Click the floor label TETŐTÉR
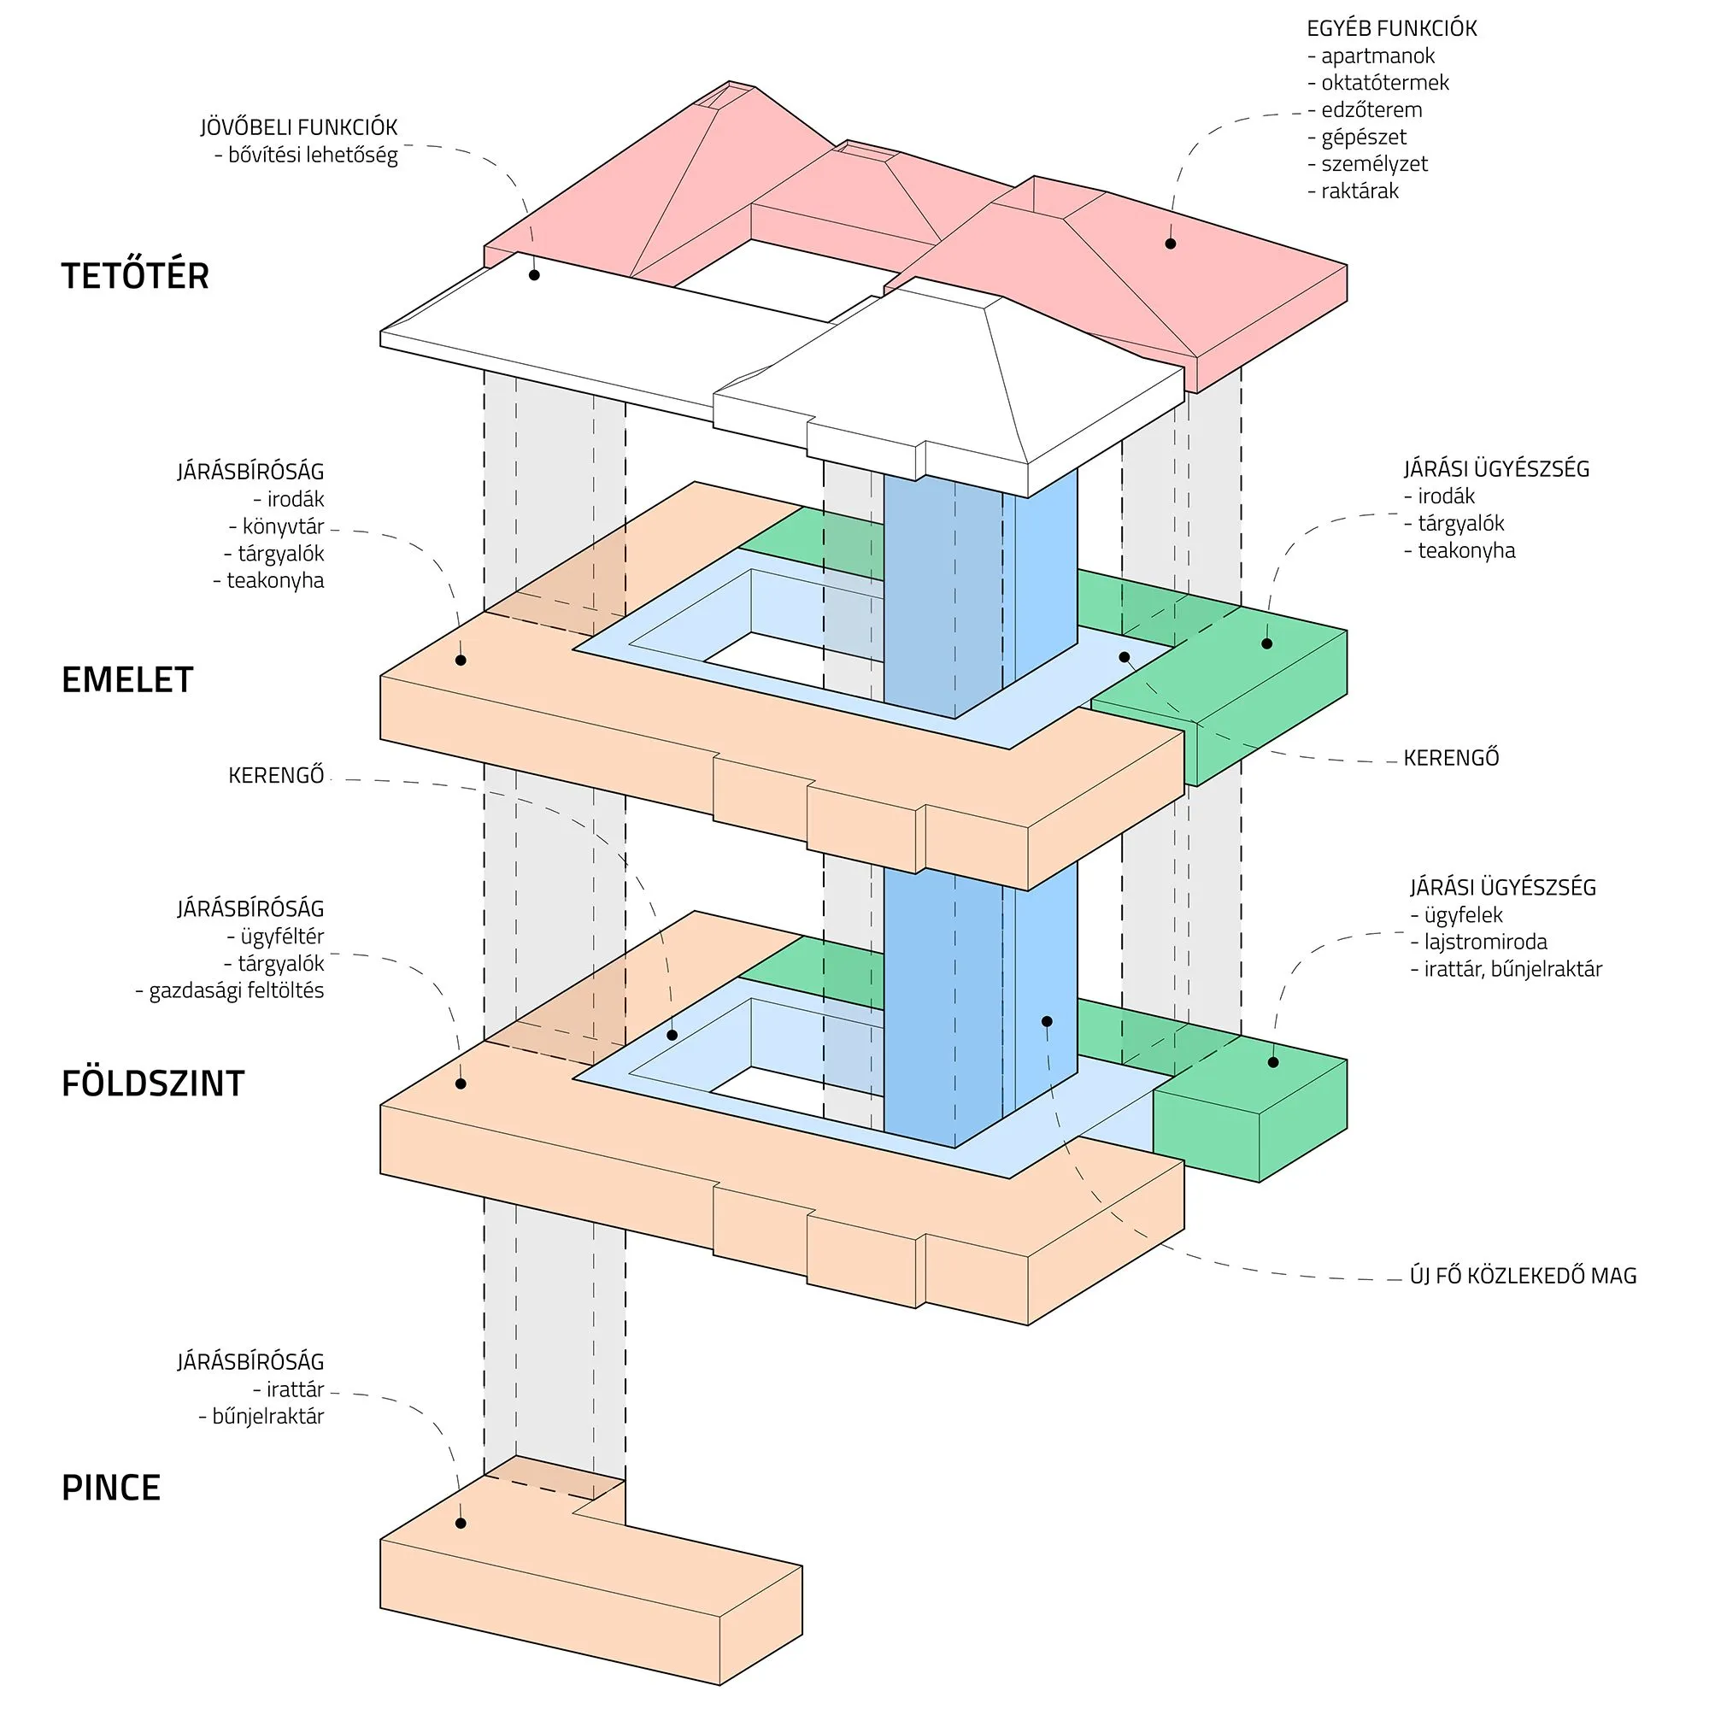pyautogui.click(x=134, y=275)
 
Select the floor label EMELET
pyautogui.click(x=127, y=679)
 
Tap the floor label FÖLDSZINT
pyautogui.click(x=152, y=1084)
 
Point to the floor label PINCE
pyautogui.click(x=110, y=1488)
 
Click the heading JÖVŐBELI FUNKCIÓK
pyautogui.click(x=298, y=127)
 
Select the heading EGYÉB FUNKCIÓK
pyautogui.click(x=1391, y=28)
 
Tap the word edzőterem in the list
pyautogui.click(x=1371, y=109)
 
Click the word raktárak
pyautogui.click(x=1360, y=191)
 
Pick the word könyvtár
pyautogui.click(x=283, y=526)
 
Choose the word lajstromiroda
pyautogui.click(x=1485, y=941)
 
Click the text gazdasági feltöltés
pyautogui.click(x=236, y=990)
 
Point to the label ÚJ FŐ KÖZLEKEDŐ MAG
pyautogui.click(x=1524, y=1276)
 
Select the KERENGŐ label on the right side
pyautogui.click(x=1451, y=758)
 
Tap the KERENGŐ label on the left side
pyautogui.click(x=276, y=776)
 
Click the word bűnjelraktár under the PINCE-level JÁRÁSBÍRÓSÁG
pyautogui.click(x=267, y=1416)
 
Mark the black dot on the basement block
pyautogui.click(x=460, y=1524)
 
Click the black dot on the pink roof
pyautogui.click(x=1171, y=244)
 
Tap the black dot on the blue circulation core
pyautogui.click(x=1047, y=1021)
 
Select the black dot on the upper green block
pyautogui.click(x=1266, y=643)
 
